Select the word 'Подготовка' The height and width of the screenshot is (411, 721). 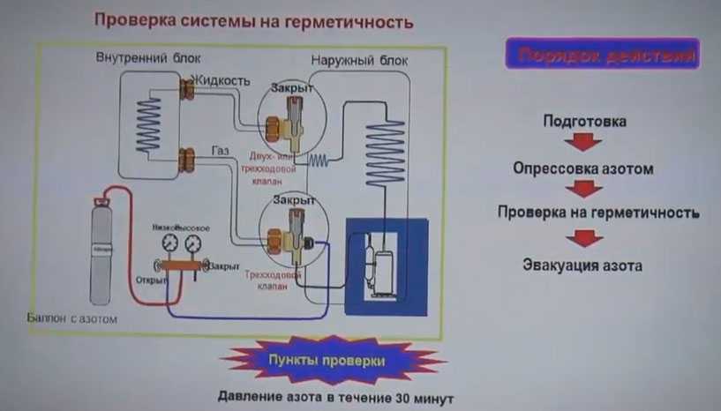[584, 122]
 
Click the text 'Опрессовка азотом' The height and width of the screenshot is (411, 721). [583, 168]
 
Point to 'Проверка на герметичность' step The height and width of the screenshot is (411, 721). [598, 213]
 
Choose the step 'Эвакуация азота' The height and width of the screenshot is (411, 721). [582, 265]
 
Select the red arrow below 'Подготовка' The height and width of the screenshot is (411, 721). [583, 143]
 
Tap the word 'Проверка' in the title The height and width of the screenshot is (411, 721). [129, 19]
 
